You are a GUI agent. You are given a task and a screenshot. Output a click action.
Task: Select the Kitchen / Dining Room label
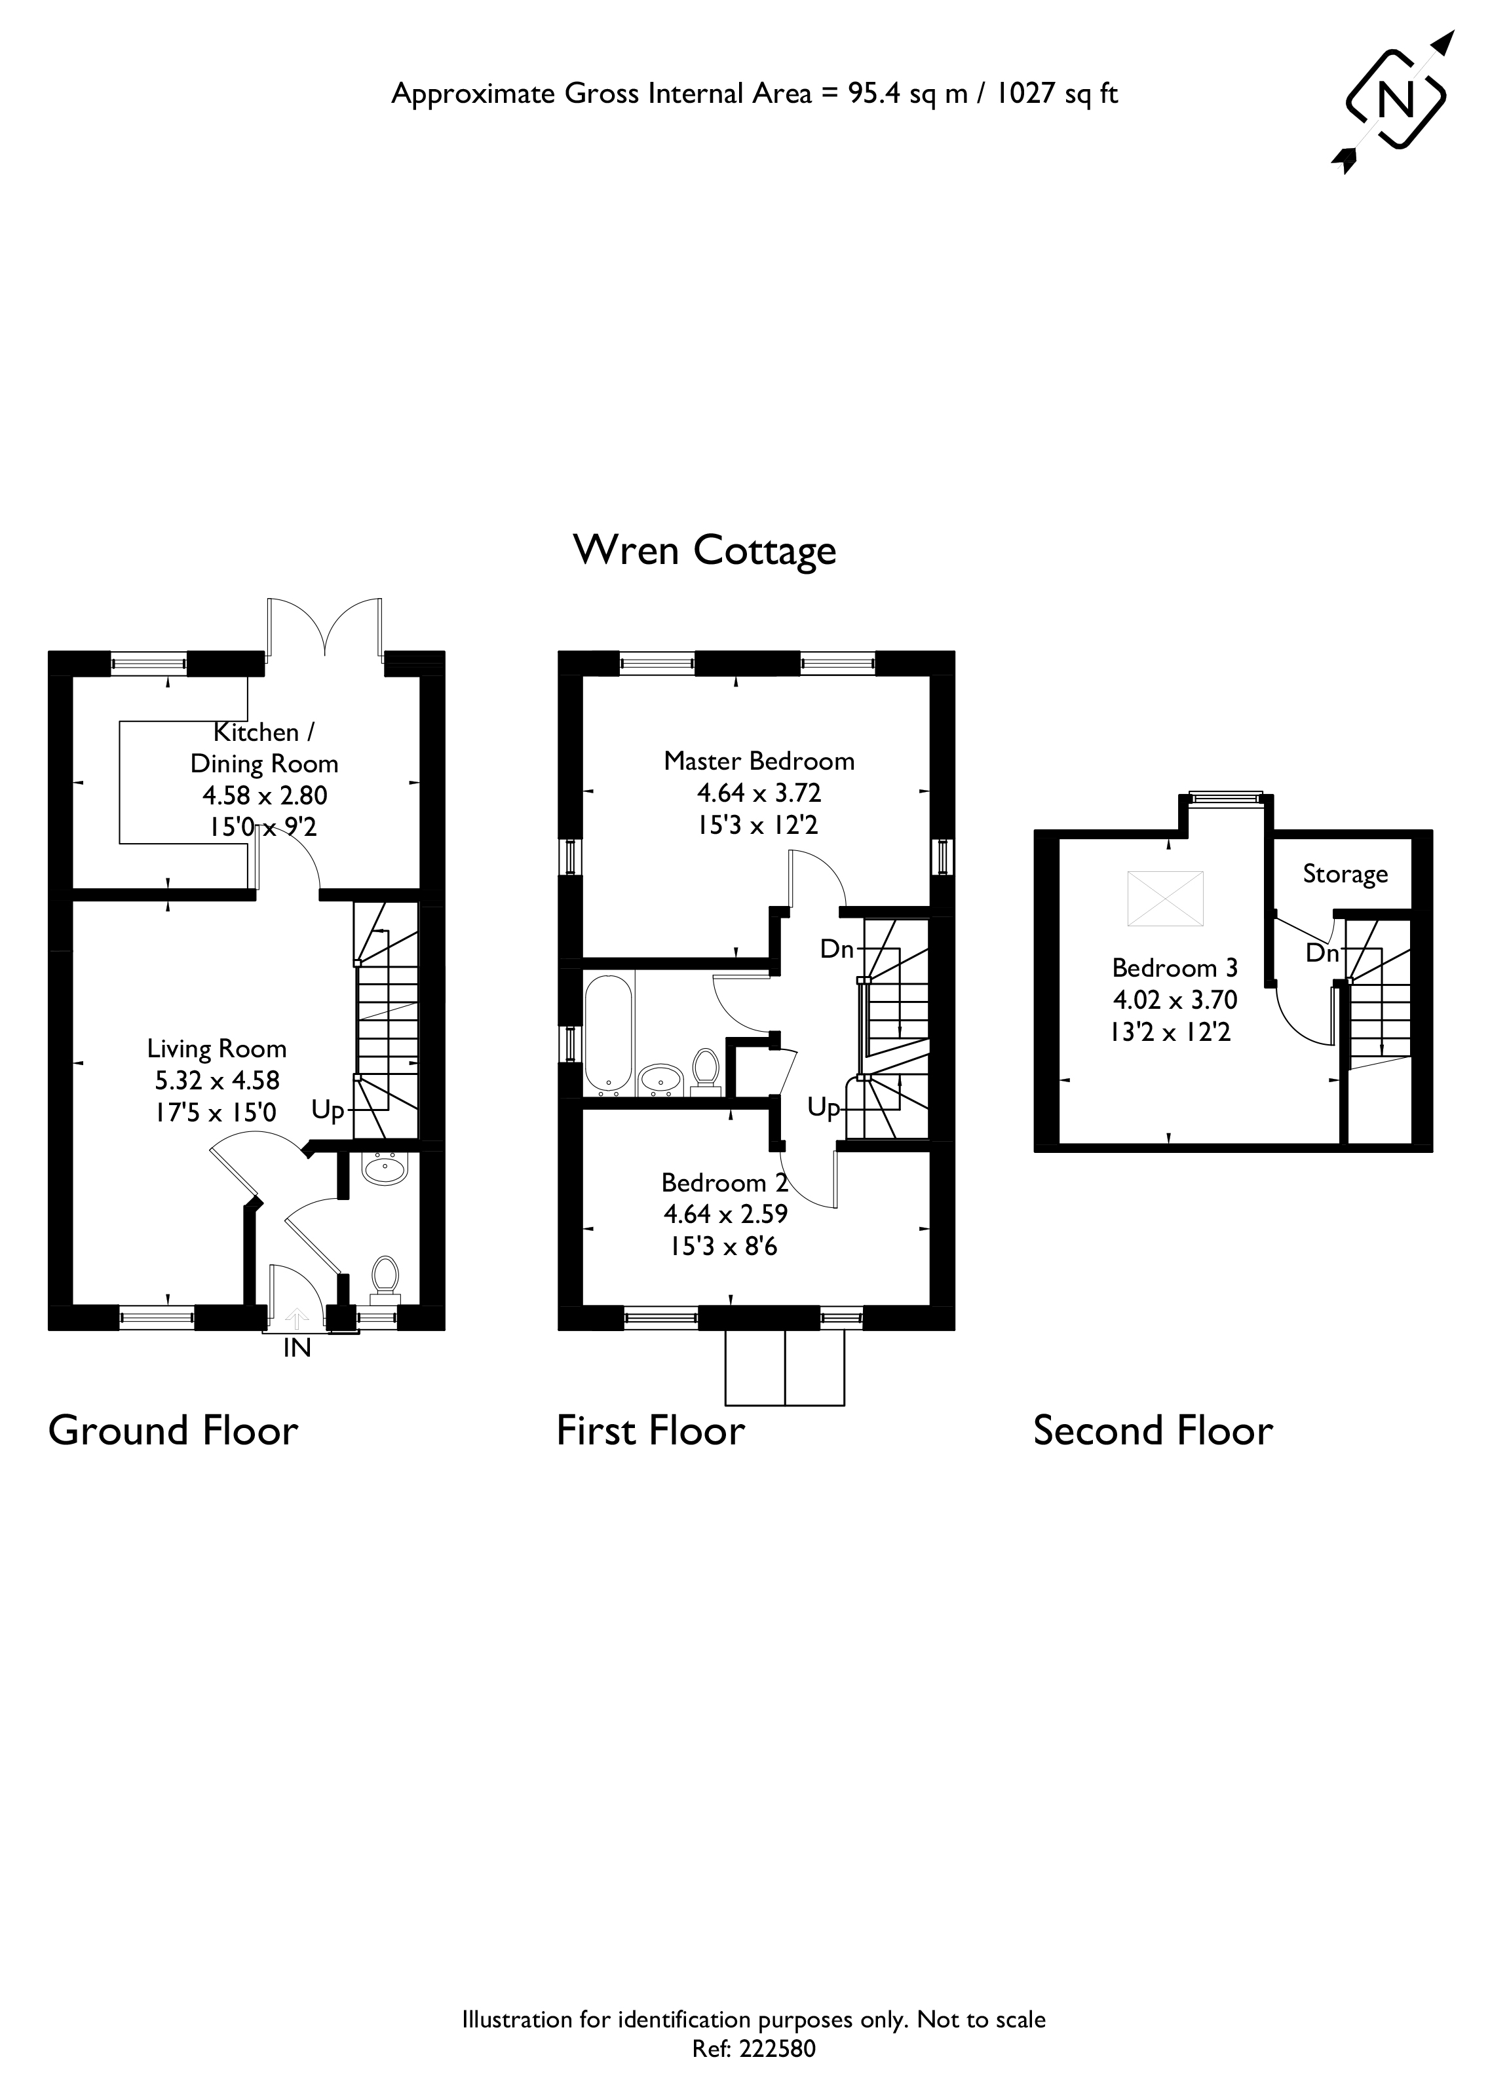(265, 748)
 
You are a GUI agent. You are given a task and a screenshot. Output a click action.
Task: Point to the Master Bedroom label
(759, 761)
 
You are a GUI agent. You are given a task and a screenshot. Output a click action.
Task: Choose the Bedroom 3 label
(1175, 968)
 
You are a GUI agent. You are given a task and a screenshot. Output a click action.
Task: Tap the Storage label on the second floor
(1345, 874)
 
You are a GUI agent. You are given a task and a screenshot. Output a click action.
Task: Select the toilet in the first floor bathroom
(706, 1071)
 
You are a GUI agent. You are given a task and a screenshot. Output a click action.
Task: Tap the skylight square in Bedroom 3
(1166, 898)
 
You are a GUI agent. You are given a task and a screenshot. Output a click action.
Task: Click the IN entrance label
(297, 1349)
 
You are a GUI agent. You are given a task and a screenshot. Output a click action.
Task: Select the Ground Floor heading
(173, 1431)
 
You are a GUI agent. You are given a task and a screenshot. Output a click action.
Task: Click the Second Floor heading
(1153, 1431)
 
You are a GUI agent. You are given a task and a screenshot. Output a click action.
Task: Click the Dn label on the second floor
(1322, 953)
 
